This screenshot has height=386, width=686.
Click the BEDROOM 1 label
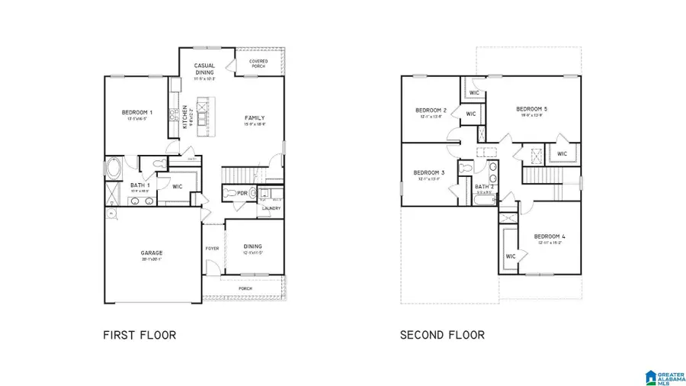tap(137, 113)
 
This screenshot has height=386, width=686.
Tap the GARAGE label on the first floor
tap(152, 253)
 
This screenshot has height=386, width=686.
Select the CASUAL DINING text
tap(204, 69)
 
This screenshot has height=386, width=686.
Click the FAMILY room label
tap(254, 117)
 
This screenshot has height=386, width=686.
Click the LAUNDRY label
tap(270, 208)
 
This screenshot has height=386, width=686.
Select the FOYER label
tap(212, 247)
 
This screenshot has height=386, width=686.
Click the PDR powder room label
tap(242, 193)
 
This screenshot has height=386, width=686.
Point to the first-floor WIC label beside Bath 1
tap(176, 185)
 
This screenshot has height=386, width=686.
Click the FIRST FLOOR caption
tap(139, 334)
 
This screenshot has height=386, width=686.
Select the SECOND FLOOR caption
tap(442, 334)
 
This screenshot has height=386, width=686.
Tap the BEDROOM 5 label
tap(531, 108)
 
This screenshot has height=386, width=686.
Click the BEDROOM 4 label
tap(549, 236)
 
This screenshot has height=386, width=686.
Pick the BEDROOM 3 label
tap(428, 172)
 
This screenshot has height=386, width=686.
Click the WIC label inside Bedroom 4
tap(511, 256)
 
